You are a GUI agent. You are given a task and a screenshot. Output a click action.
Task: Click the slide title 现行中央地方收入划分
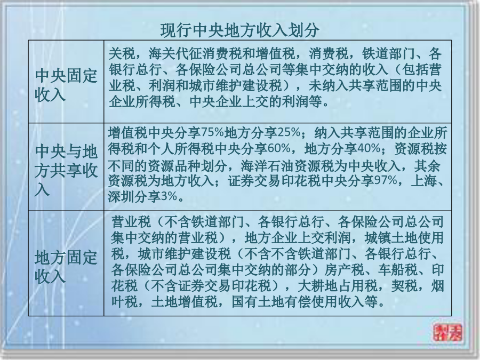[239, 30]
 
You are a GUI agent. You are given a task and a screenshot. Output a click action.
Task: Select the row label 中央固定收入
[66, 85]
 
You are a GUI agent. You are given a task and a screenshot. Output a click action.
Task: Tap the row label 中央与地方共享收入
[66, 170]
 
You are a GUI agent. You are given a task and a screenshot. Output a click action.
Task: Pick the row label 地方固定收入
[66, 266]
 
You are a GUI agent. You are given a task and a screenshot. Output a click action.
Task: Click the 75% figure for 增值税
[213, 133]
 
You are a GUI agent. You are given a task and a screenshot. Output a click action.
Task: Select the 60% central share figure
[279, 149]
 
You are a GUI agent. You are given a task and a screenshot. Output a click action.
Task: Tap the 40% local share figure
[369, 149]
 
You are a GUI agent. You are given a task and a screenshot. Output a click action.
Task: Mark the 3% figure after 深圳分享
[169, 196]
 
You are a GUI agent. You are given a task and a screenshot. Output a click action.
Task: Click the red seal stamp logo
[448, 332]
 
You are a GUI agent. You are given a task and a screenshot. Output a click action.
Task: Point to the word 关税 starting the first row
[122, 54]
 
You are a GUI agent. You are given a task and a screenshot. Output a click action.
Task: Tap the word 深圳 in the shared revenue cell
[121, 196]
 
